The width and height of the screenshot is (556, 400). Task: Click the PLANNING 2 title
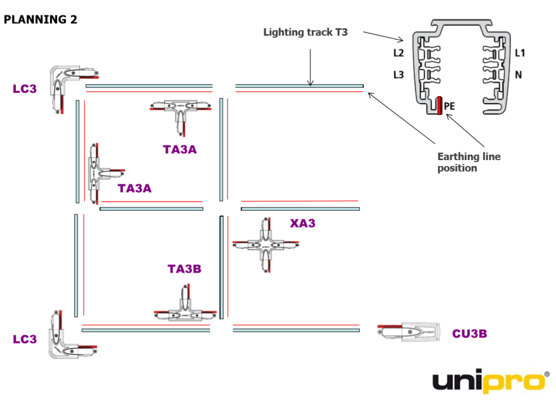pyautogui.click(x=41, y=20)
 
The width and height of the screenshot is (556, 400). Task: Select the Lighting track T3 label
pyautogui.click(x=305, y=33)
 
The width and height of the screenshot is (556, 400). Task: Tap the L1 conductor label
pyautogui.click(x=520, y=53)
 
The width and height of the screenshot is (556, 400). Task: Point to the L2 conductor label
pyautogui.click(x=399, y=53)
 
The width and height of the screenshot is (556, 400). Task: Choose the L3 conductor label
pyautogui.click(x=399, y=75)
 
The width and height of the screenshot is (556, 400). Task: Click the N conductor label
pyautogui.click(x=518, y=75)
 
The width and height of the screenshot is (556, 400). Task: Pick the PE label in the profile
pyautogui.click(x=449, y=107)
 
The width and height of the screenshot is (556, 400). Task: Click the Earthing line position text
pyautogui.click(x=469, y=162)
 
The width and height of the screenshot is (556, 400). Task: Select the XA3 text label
pyautogui.click(x=302, y=223)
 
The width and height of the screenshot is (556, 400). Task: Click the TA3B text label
pyautogui.click(x=185, y=269)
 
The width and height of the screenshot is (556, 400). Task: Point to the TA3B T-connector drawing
pyautogui.click(x=185, y=309)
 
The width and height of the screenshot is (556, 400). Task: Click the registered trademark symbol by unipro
pyautogui.click(x=546, y=374)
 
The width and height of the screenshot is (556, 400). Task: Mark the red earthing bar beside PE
pyautogui.click(x=438, y=106)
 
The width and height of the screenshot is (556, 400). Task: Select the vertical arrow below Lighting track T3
pyautogui.click(x=310, y=67)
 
